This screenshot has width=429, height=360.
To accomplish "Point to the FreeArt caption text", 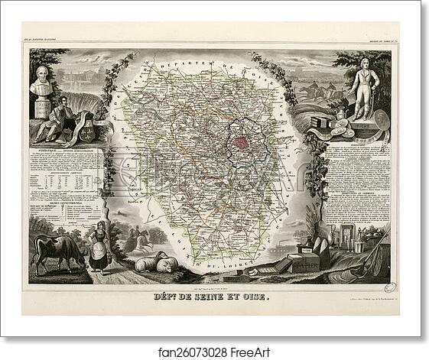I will click(x=214, y=351).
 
